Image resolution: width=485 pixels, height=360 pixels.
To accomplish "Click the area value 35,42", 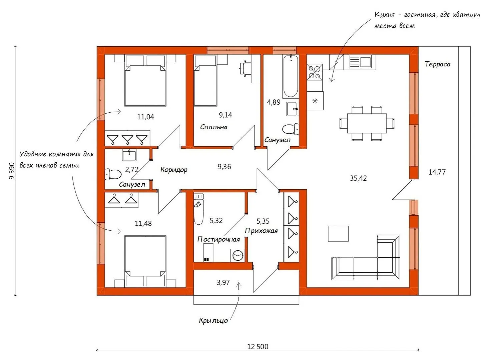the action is pos(358,178).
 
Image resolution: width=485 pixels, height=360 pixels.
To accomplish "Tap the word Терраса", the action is pos(438,64).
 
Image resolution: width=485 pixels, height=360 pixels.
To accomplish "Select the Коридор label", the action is pos(174,170).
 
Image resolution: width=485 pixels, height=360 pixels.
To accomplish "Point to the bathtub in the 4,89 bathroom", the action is pos(291,77).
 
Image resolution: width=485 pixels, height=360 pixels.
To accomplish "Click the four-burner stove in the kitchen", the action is pos(315,72).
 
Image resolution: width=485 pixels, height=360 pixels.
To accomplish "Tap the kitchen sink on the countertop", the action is pos(360,62).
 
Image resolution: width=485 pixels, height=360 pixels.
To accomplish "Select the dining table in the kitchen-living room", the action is pos(367,123).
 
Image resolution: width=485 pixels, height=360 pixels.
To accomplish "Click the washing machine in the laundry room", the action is pos(238,255).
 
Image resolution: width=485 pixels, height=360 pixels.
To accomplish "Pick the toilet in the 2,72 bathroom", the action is pos(113,174).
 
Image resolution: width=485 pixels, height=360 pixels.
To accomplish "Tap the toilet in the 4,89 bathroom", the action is pos(291,129).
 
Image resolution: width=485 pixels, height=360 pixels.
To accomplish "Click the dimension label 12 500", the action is pos(258,347).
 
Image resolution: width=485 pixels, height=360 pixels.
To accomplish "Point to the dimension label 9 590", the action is pos(12,171).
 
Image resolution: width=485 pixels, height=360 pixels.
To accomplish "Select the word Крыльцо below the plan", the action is pos(213,320).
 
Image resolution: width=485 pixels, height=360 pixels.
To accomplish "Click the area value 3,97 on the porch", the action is pos(223,283).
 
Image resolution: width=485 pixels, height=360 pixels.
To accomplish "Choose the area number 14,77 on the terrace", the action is pos(437,172).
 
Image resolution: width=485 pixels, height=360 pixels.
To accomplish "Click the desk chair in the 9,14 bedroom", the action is pos(244,69).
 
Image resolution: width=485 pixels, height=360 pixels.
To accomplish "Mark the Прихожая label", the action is pos(261,231).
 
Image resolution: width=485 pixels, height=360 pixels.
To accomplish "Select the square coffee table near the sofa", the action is pos(338,234).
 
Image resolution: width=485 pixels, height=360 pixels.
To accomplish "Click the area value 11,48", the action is pos(143,223).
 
